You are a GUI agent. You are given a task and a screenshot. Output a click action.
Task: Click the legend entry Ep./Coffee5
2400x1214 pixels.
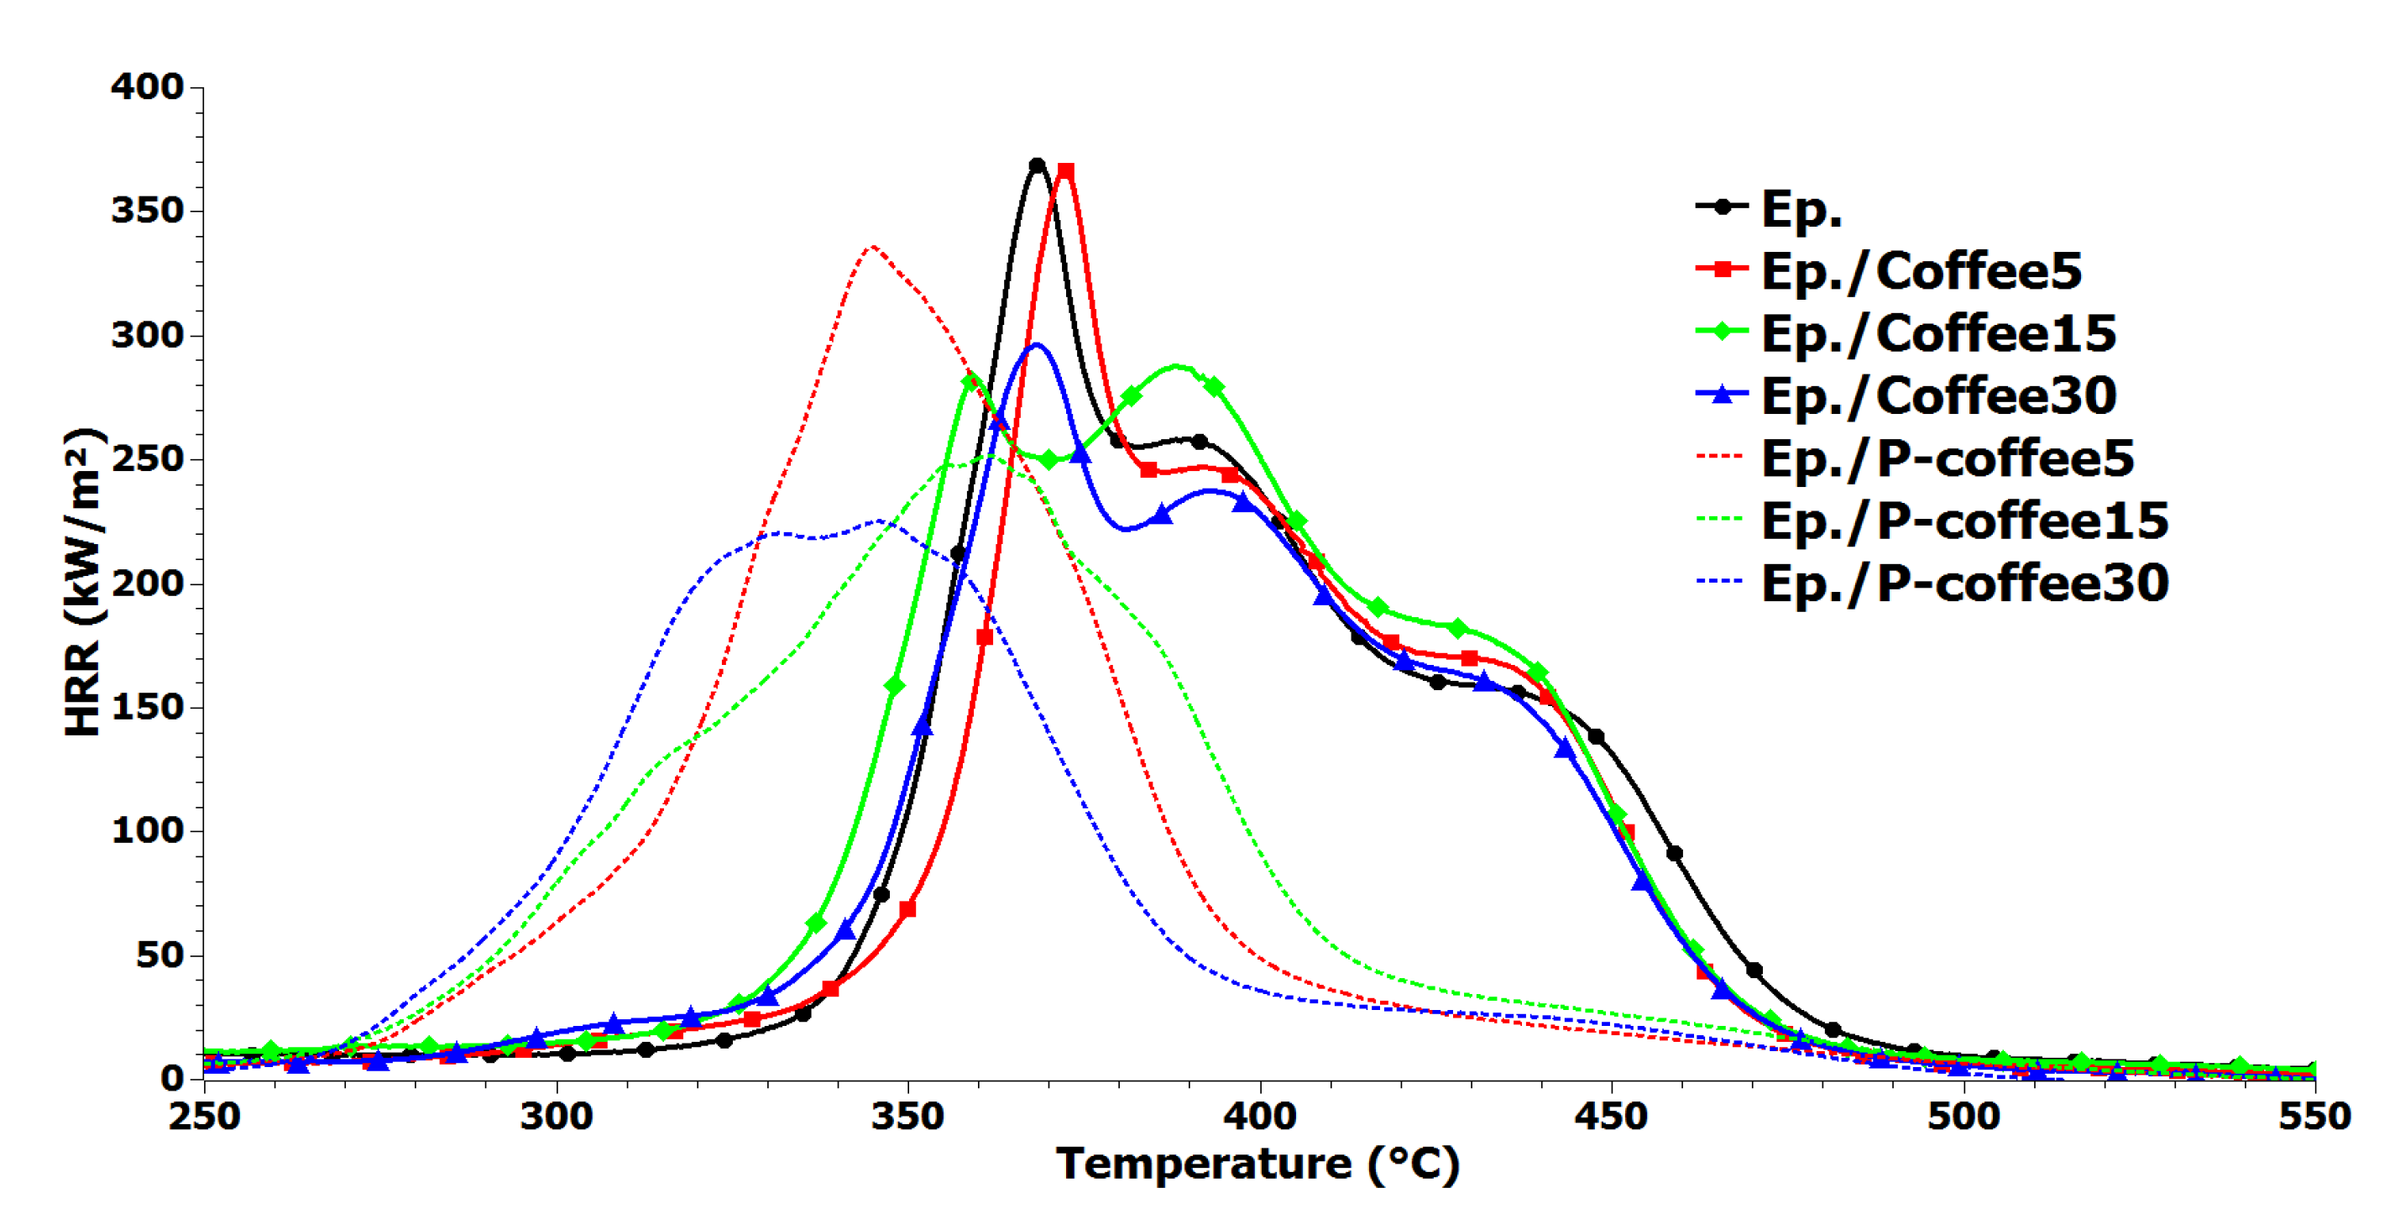pyautogui.click(x=1919, y=270)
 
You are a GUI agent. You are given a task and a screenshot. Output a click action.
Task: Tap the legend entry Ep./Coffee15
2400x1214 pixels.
pyautogui.click(x=1938, y=332)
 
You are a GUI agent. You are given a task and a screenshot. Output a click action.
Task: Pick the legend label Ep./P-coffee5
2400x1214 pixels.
pyautogui.click(x=1948, y=458)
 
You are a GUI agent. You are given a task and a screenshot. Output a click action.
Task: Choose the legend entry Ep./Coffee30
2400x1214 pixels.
pyautogui.click(x=1938, y=395)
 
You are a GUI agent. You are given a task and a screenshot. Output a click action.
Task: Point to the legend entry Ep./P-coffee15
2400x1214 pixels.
pyautogui.click(x=1964, y=521)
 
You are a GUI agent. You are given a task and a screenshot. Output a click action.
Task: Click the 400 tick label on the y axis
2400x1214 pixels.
pyautogui.click(x=147, y=86)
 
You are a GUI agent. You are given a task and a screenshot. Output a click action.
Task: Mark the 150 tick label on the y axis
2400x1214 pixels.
pyautogui.click(x=147, y=707)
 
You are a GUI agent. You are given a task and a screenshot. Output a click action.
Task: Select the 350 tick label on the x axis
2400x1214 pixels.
pyautogui.click(x=907, y=1116)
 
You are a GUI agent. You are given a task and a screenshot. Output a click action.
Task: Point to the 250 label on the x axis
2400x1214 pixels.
pyautogui.click(x=204, y=1116)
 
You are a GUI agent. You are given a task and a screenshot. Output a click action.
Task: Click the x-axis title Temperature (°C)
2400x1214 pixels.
pyautogui.click(x=1257, y=1164)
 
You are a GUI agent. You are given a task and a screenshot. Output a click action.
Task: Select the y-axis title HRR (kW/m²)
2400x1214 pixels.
pyautogui.click(x=84, y=583)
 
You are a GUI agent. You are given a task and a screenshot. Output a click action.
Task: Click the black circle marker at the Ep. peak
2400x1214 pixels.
pyautogui.click(x=1037, y=165)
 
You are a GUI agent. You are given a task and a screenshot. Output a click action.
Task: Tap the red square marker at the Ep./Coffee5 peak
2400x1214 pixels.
pyautogui.click(x=1066, y=171)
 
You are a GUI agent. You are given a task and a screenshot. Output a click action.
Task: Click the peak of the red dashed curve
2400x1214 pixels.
pyautogui.click(x=871, y=247)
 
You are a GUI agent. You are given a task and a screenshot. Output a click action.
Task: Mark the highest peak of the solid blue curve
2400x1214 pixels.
pyautogui.click(x=1035, y=345)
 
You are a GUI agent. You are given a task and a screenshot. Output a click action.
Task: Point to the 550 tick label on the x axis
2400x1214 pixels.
pyautogui.click(x=2314, y=1116)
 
